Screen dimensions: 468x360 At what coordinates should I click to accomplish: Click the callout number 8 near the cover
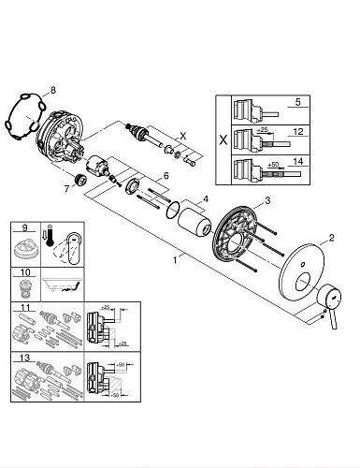point(53,89)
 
